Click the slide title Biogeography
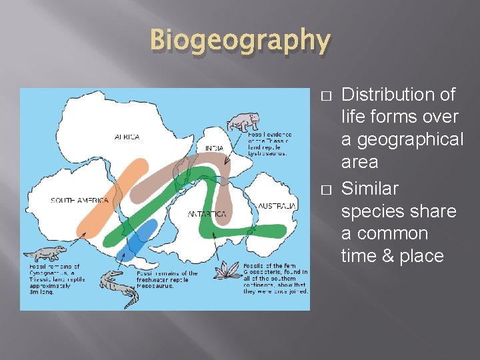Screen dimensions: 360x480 pyautogui.click(x=240, y=40)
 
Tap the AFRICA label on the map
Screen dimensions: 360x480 pyautogui.click(x=127, y=137)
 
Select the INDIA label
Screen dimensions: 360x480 pyautogui.click(x=214, y=148)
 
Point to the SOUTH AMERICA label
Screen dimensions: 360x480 pyautogui.click(x=80, y=200)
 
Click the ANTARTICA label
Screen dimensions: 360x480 pyautogui.click(x=207, y=214)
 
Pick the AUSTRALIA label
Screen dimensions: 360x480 pyautogui.click(x=277, y=206)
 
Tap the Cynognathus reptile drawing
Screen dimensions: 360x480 pyautogui.click(x=45, y=254)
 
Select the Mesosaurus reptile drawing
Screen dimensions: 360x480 pyautogui.click(x=120, y=287)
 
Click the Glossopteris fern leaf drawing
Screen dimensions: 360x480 pyautogui.click(x=228, y=271)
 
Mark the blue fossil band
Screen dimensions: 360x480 pyautogui.click(x=137, y=240)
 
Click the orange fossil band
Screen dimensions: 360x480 pyautogui.click(x=113, y=193)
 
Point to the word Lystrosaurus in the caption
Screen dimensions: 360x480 pyautogui.click(x=267, y=153)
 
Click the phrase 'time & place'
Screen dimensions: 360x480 pyautogui.click(x=392, y=257)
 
